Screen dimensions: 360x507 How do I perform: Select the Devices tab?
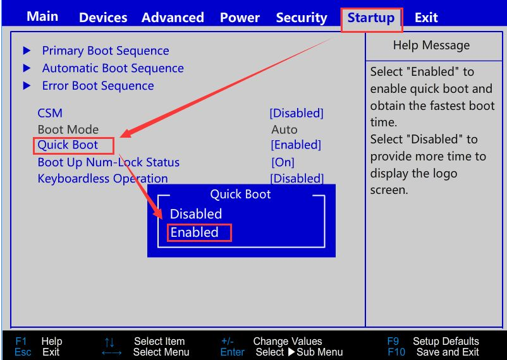tap(103, 18)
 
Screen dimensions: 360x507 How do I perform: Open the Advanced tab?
tap(173, 18)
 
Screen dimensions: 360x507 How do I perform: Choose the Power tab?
tap(240, 18)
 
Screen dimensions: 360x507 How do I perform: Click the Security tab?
tap(302, 18)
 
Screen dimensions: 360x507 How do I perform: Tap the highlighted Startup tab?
tap(371, 18)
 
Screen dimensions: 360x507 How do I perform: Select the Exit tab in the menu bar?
tap(426, 18)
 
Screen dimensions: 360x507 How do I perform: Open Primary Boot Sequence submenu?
tap(105, 51)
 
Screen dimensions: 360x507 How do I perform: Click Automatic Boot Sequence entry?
tap(113, 68)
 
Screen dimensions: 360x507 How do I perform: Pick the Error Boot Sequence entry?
tap(97, 85)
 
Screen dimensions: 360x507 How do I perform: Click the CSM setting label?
tap(50, 113)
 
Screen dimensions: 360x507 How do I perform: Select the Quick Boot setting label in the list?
tap(68, 145)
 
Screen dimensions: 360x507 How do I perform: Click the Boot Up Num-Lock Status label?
tap(108, 162)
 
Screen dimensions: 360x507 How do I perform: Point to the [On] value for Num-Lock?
tap(283, 162)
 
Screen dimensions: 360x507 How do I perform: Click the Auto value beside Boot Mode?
tap(284, 129)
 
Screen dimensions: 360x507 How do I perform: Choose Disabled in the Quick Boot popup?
tap(196, 213)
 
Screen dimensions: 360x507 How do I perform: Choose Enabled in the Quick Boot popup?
tap(195, 232)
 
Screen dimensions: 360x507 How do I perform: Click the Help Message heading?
tap(431, 45)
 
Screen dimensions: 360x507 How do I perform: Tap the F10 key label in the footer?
tap(396, 352)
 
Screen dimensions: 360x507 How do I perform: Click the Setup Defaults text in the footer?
tap(446, 341)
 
